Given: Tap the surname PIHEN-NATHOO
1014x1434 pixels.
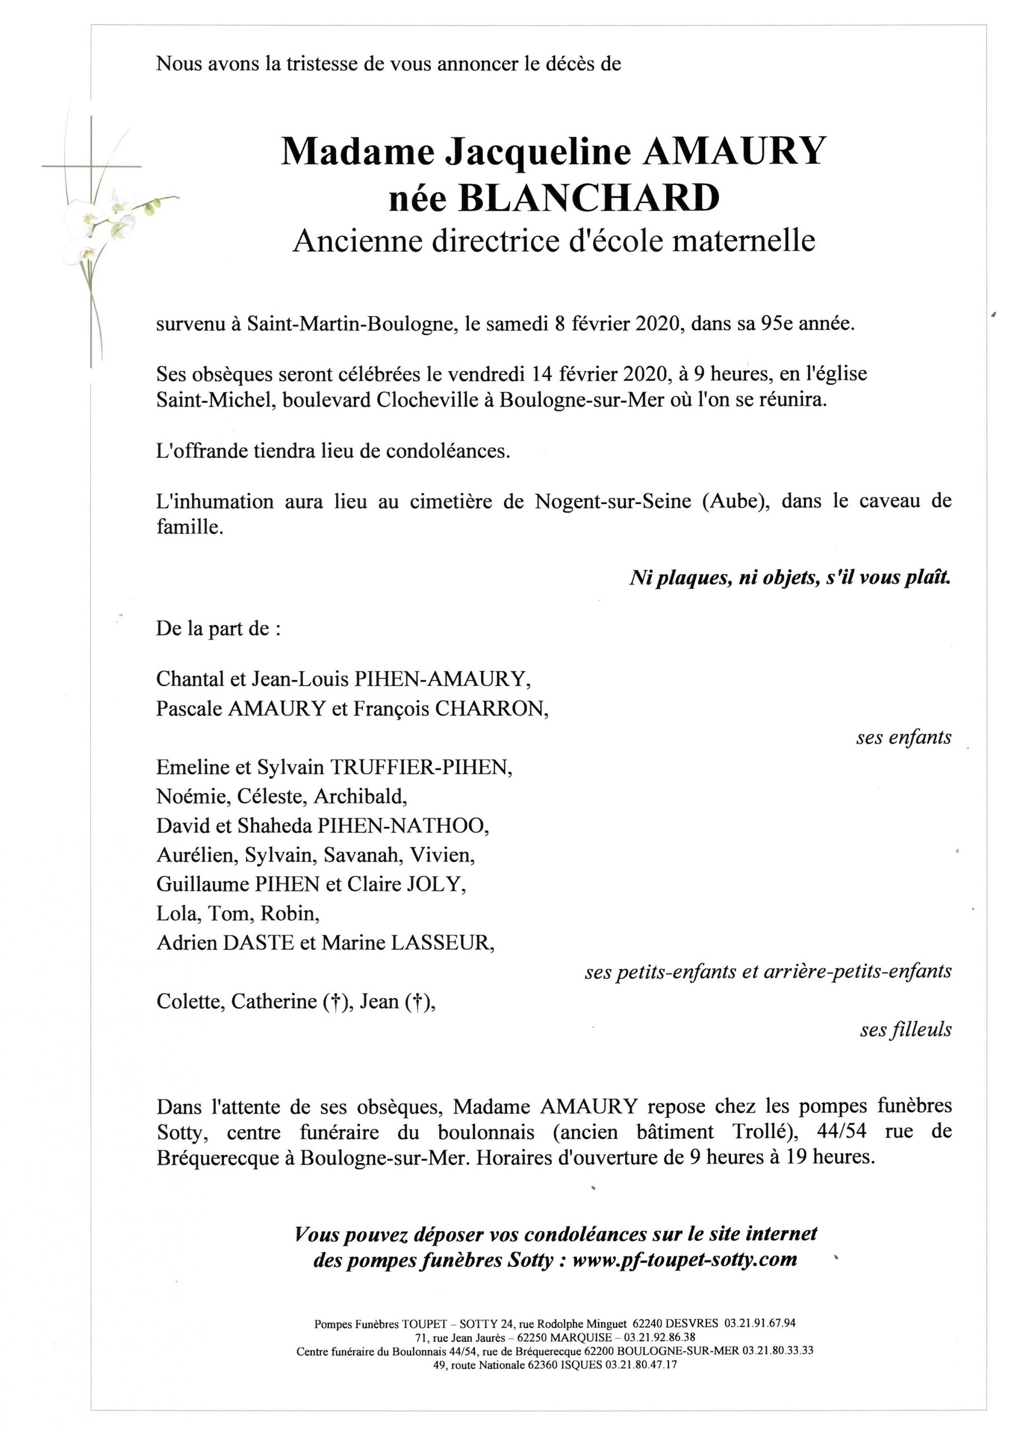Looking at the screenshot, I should click(403, 826).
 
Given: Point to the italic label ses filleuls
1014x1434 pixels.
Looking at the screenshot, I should click(905, 1030).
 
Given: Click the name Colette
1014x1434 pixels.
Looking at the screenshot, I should click(190, 1001).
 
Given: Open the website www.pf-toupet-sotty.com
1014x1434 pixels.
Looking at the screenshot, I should click(685, 1260).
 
